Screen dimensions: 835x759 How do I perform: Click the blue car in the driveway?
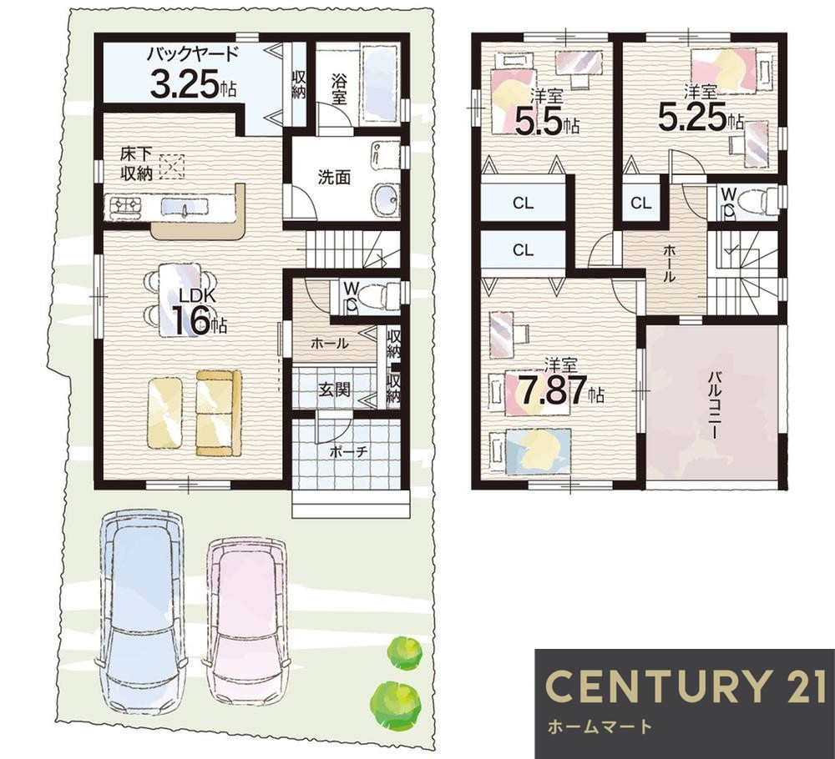pos(140,611)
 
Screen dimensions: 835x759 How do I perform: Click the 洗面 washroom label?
pos(335,177)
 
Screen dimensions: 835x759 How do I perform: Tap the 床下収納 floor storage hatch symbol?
pos(171,167)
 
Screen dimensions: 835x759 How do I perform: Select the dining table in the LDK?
pos(180,300)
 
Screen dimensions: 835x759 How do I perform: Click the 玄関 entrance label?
pos(335,390)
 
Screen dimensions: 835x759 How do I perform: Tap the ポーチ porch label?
pos(349,452)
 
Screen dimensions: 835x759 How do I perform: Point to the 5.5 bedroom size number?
pos(539,121)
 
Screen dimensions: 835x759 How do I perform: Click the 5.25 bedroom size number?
pos(693,117)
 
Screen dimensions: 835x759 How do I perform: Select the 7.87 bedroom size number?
pos(554,390)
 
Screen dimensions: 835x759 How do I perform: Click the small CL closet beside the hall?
pos(640,203)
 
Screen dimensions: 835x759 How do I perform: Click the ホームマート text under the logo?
pos(599,726)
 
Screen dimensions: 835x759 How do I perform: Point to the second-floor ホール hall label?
pos(669,264)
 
